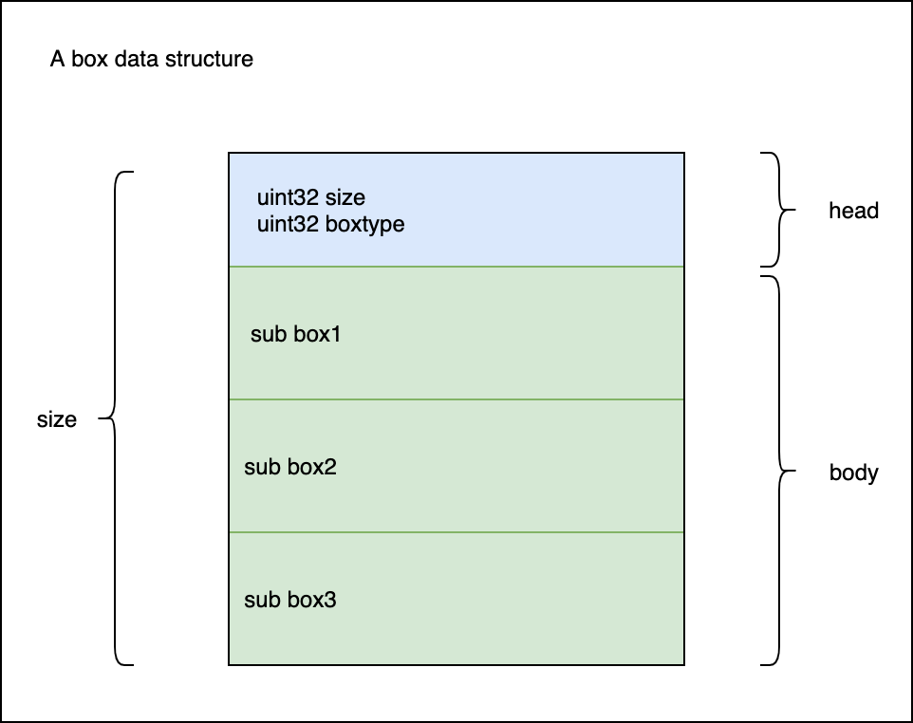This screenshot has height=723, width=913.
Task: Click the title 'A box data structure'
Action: point(152,59)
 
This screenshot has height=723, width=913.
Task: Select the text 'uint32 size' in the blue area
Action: point(311,197)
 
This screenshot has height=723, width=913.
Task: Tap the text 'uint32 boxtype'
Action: point(330,224)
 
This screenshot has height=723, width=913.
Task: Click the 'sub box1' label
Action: point(296,334)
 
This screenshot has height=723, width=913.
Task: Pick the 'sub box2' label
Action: point(290,467)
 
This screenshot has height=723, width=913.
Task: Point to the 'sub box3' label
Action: point(290,600)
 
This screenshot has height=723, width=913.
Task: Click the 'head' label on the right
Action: point(853,210)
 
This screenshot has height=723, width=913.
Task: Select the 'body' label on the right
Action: point(853,473)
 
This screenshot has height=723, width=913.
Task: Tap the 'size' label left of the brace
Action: point(57,419)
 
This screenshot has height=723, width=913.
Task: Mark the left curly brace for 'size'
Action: point(115,418)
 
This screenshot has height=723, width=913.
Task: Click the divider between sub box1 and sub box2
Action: point(456,399)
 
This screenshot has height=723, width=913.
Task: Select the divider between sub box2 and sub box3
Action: point(456,532)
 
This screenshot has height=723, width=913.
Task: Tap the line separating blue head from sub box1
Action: point(456,267)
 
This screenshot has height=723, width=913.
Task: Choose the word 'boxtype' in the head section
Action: point(365,224)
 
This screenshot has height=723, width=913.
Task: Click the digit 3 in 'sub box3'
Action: point(330,600)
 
